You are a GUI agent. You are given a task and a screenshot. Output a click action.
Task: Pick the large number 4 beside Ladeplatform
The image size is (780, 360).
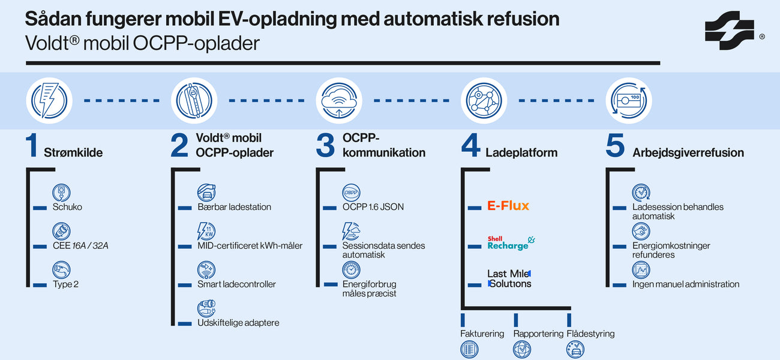[x=470, y=146]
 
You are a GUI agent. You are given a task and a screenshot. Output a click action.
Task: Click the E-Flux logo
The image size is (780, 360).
[x=508, y=206]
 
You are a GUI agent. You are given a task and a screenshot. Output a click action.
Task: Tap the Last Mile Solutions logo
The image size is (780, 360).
[x=509, y=278]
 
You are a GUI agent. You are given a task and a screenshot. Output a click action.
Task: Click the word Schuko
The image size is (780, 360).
[x=67, y=207]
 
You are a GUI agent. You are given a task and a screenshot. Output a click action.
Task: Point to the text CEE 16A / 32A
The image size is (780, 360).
[x=80, y=245]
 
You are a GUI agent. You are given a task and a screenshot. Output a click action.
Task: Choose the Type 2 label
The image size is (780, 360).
[x=65, y=284]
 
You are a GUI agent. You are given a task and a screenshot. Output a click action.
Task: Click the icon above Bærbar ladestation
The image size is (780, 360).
[x=206, y=192]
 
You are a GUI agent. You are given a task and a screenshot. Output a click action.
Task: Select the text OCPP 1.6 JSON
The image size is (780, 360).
[x=373, y=207]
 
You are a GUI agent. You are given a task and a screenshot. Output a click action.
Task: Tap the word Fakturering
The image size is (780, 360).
[x=482, y=334]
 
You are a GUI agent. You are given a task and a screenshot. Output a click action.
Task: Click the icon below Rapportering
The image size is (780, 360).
[x=522, y=349]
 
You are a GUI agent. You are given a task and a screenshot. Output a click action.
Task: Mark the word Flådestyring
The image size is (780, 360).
[x=590, y=334]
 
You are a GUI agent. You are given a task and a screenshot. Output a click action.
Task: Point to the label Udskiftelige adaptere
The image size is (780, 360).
[x=238, y=323]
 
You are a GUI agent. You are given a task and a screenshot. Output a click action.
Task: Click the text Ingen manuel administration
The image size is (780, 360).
[x=685, y=284]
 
